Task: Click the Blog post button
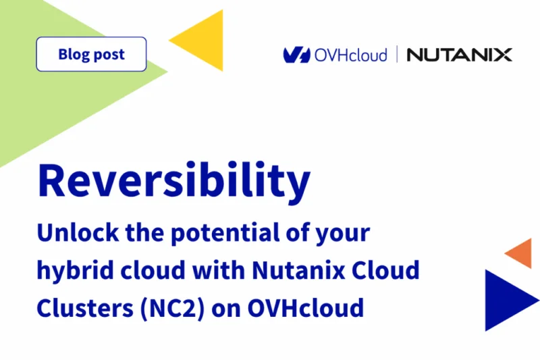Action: (x=91, y=54)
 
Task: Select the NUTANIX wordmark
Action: (x=459, y=55)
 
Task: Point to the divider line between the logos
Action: (x=397, y=55)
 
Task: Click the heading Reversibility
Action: (x=174, y=179)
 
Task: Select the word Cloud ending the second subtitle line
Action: (x=387, y=271)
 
